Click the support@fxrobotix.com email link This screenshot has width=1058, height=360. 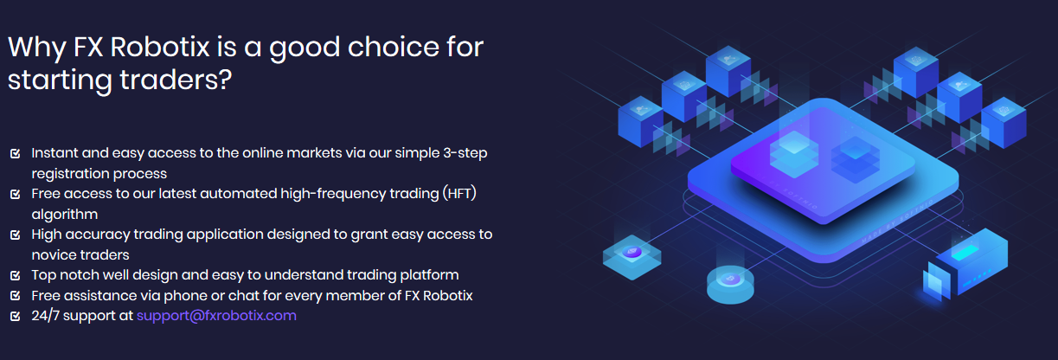[x=216, y=316]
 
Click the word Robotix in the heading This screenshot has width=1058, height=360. [x=160, y=48]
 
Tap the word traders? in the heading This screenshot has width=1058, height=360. [x=176, y=80]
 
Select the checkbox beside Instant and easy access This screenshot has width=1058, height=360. [x=15, y=153]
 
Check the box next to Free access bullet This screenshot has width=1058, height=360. [x=15, y=194]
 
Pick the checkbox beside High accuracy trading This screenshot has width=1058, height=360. [x=15, y=235]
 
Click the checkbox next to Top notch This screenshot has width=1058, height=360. [x=15, y=275]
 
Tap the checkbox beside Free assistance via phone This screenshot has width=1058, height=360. [x=15, y=296]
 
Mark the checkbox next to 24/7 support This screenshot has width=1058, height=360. [x=15, y=316]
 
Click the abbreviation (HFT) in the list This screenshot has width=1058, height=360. [x=459, y=194]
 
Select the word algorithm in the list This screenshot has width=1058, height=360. [x=65, y=215]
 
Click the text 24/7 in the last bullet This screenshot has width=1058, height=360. [x=45, y=316]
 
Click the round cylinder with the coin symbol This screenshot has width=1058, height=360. [x=730, y=285]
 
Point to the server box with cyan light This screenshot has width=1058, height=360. [x=966, y=264]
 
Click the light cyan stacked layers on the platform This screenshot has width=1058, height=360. [x=794, y=154]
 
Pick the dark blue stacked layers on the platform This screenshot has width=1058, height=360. [x=855, y=160]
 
